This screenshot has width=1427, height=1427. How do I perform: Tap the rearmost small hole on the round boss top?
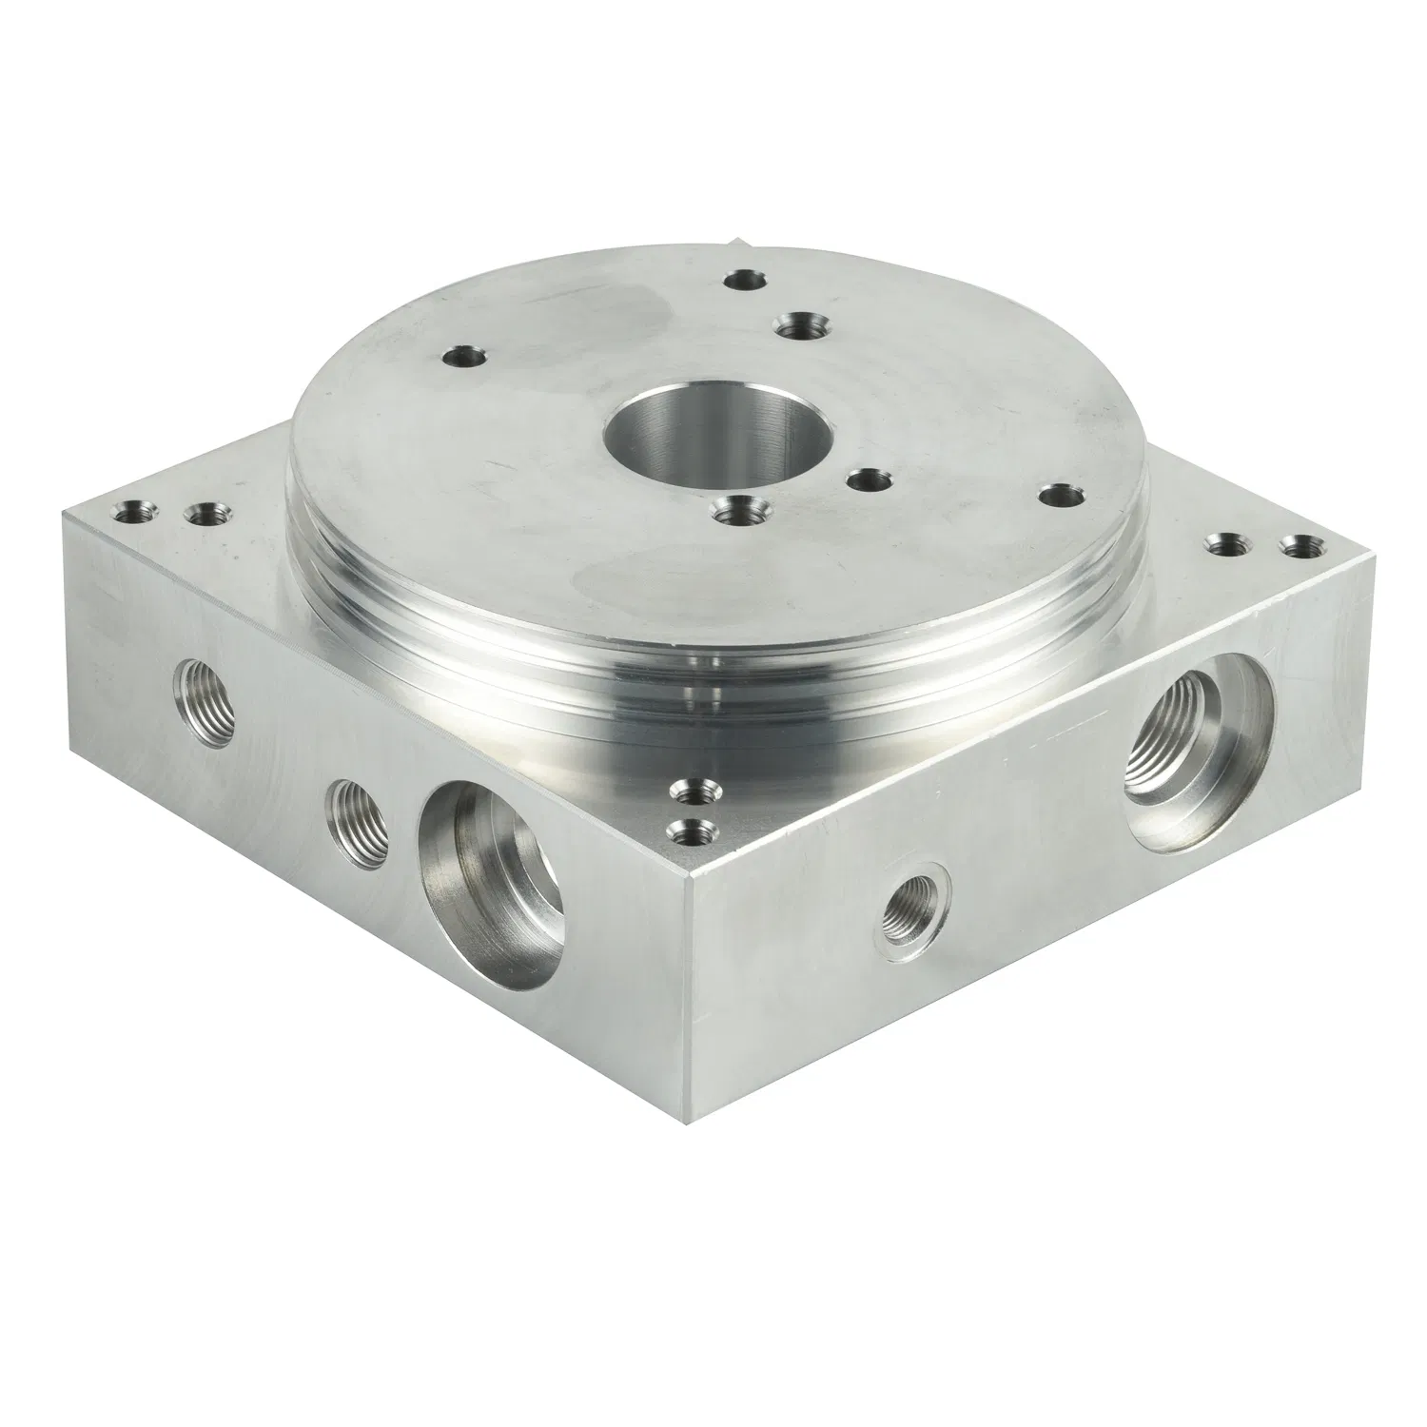point(745,280)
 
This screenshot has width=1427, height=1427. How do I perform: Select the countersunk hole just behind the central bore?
point(797,325)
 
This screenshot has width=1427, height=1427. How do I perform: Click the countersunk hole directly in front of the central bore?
point(739,512)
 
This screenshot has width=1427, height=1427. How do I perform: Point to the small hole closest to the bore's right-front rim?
point(867,480)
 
